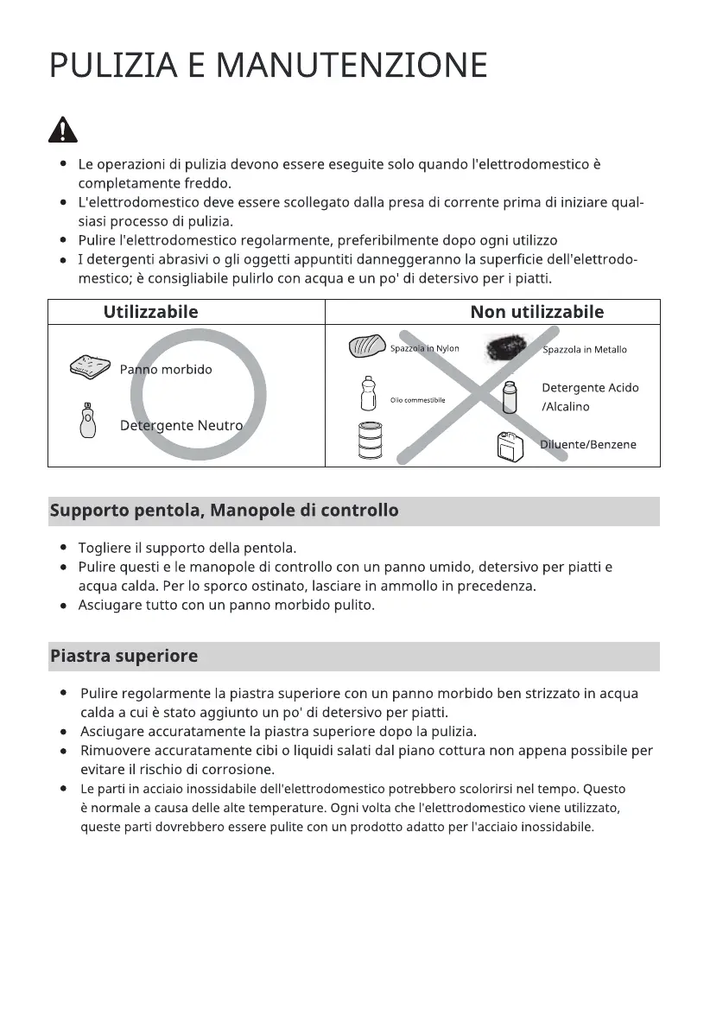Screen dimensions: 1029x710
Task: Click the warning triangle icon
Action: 62,130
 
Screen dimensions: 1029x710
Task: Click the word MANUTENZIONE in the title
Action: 352,67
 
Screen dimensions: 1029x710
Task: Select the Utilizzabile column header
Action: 150,312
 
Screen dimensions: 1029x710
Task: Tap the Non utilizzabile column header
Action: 536,312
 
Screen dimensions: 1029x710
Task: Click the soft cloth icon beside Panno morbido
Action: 91,367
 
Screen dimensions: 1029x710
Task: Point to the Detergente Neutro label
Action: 181,426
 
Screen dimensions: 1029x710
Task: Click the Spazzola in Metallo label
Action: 584,350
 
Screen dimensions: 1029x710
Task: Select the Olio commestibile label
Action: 417,400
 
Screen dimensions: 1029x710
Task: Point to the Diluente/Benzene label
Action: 587,445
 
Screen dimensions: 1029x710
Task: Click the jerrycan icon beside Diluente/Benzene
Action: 510,446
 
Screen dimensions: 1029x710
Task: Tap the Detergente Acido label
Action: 590,388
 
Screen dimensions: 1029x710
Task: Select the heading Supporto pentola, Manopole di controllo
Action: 225,511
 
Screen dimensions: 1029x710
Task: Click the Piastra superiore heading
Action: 124,656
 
